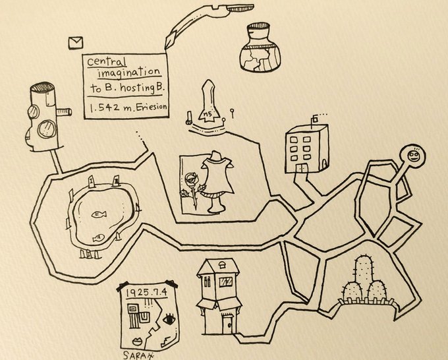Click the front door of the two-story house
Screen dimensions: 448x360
[227, 323]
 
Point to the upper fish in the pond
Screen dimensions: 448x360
[99, 214]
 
